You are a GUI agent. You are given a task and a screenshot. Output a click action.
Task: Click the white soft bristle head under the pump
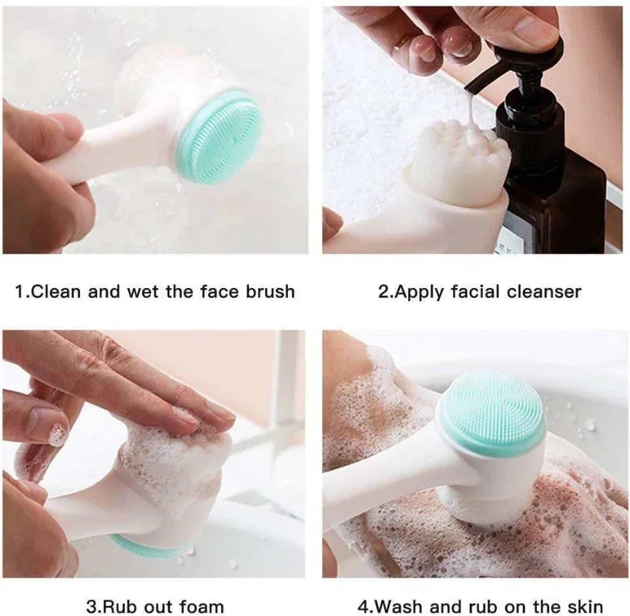(x=457, y=163)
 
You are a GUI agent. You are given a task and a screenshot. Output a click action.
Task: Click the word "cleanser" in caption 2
(x=544, y=292)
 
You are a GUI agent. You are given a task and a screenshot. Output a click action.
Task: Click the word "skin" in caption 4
(x=583, y=607)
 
